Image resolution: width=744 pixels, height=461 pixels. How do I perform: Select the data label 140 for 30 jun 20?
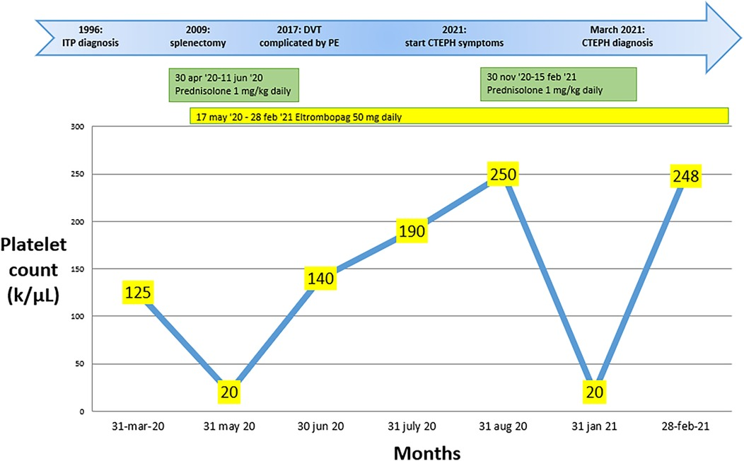pos(320,279)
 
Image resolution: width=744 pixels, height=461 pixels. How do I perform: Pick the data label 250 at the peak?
pos(503,175)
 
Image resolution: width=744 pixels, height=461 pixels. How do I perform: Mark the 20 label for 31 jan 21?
pos(593,391)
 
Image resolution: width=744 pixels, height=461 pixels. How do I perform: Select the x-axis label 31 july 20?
pos(412,427)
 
